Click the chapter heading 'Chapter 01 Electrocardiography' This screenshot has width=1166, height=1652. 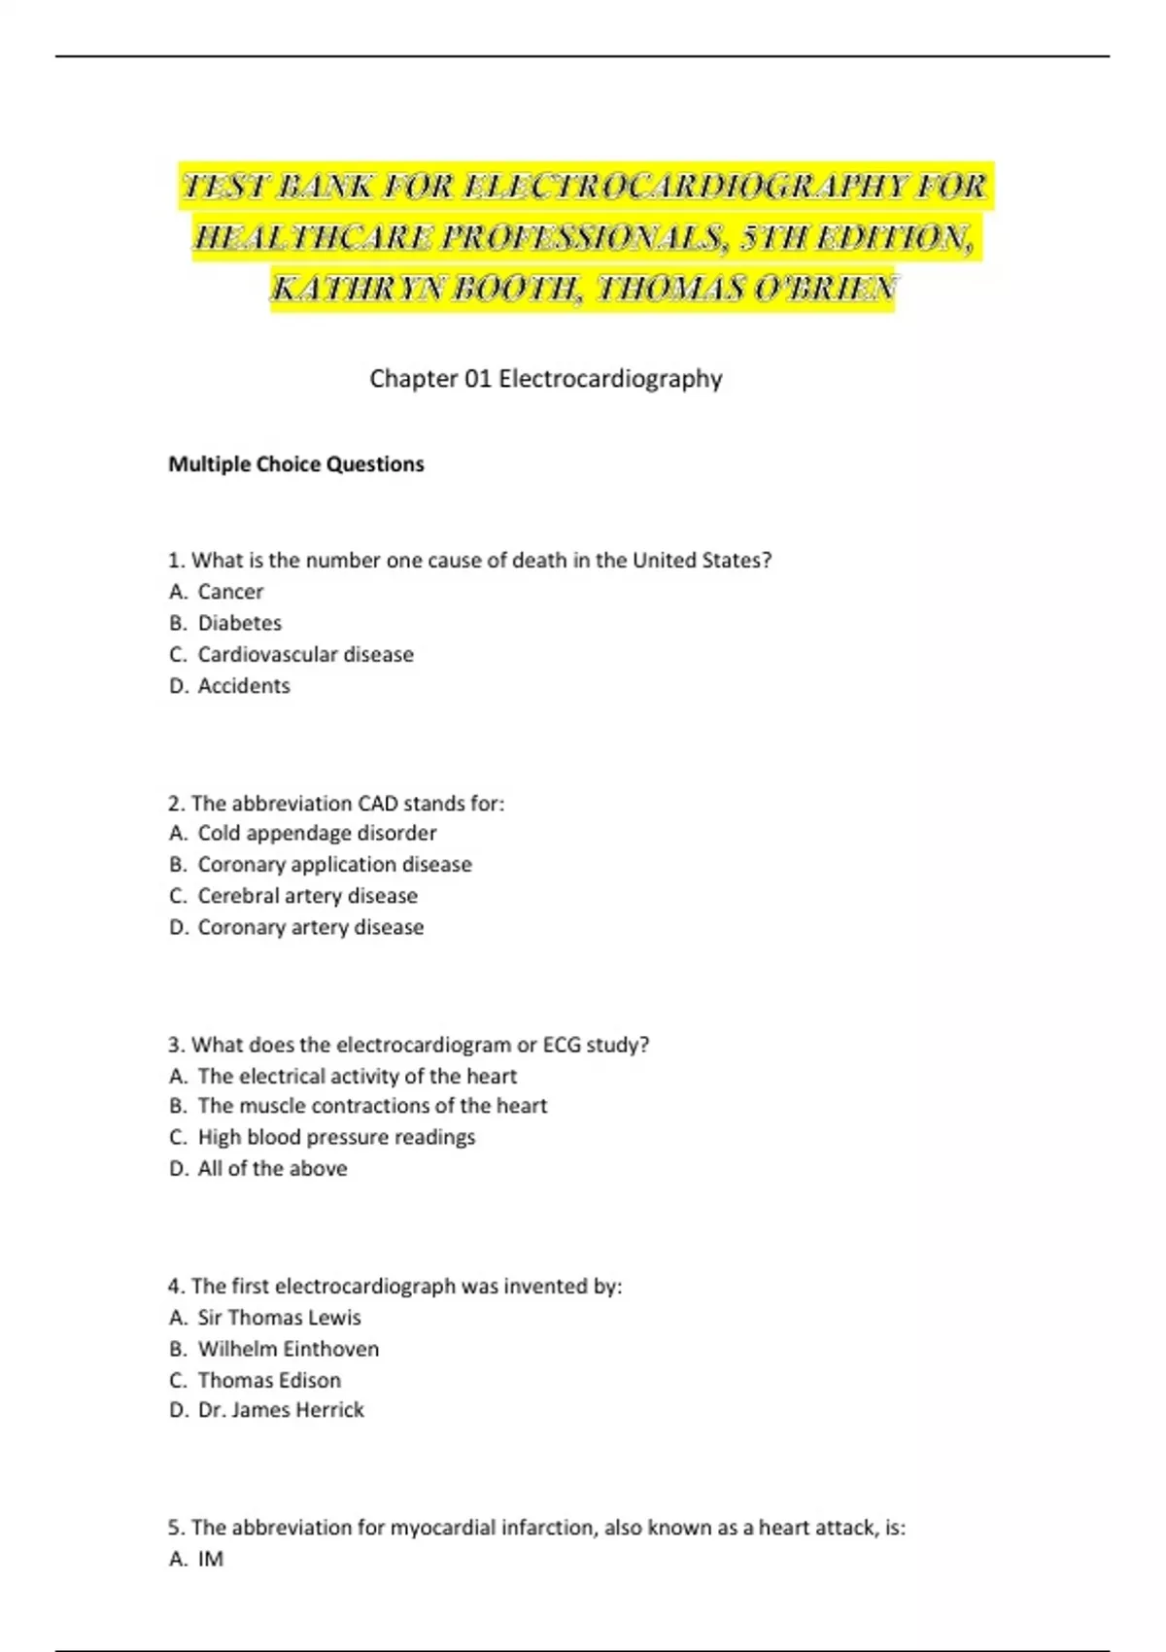coord(545,378)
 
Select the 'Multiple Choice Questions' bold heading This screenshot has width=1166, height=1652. coord(296,465)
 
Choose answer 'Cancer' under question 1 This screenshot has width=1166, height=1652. coord(230,592)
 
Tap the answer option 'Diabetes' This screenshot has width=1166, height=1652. coord(239,623)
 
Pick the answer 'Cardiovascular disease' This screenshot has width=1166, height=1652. coord(305,654)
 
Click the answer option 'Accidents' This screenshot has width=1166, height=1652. coord(244,686)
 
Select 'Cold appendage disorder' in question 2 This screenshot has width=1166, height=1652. coord(317,833)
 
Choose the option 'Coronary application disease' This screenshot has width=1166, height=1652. coord(334,864)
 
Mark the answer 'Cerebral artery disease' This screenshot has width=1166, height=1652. coord(307,896)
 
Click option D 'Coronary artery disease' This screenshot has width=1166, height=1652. coord(310,927)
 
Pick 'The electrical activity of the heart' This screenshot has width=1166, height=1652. coord(357,1076)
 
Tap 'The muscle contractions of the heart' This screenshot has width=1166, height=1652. coord(372,1106)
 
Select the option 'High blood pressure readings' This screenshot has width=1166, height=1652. coord(336,1137)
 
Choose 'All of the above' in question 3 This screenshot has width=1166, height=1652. coord(272,1168)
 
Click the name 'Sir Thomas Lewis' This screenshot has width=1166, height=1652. coord(279,1318)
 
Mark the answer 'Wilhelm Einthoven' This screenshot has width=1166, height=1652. coord(288,1349)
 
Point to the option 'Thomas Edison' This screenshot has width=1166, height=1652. coord(269,1380)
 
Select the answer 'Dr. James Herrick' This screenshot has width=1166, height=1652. coord(281,1410)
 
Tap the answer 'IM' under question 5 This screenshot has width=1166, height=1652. coord(210,1559)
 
